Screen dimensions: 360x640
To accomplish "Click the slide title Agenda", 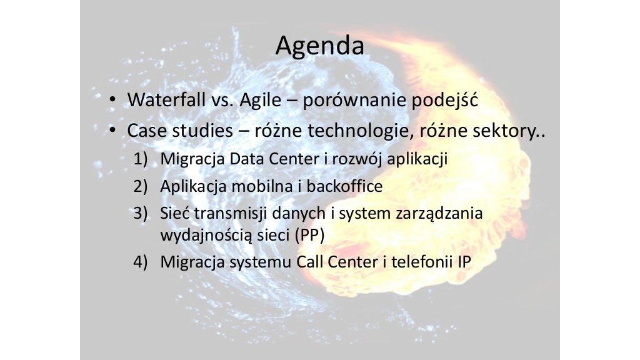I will tap(319, 46).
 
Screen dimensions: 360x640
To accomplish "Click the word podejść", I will tap(444, 100).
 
